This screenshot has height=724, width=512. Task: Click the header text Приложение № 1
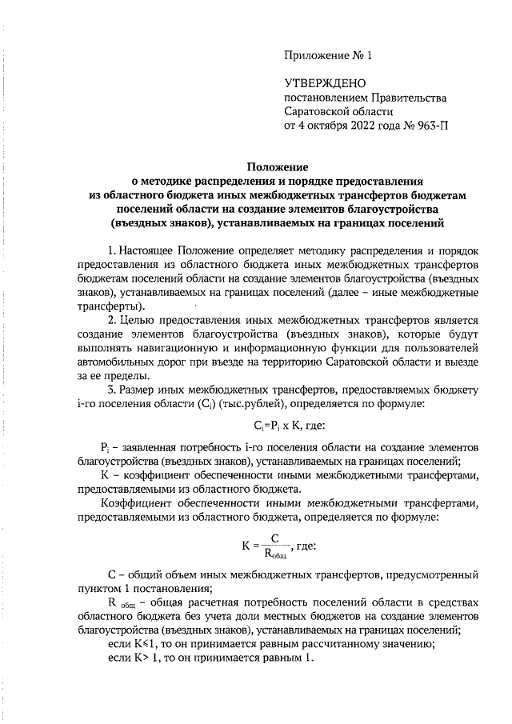(x=328, y=55)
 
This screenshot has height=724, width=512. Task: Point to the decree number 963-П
(x=430, y=126)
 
